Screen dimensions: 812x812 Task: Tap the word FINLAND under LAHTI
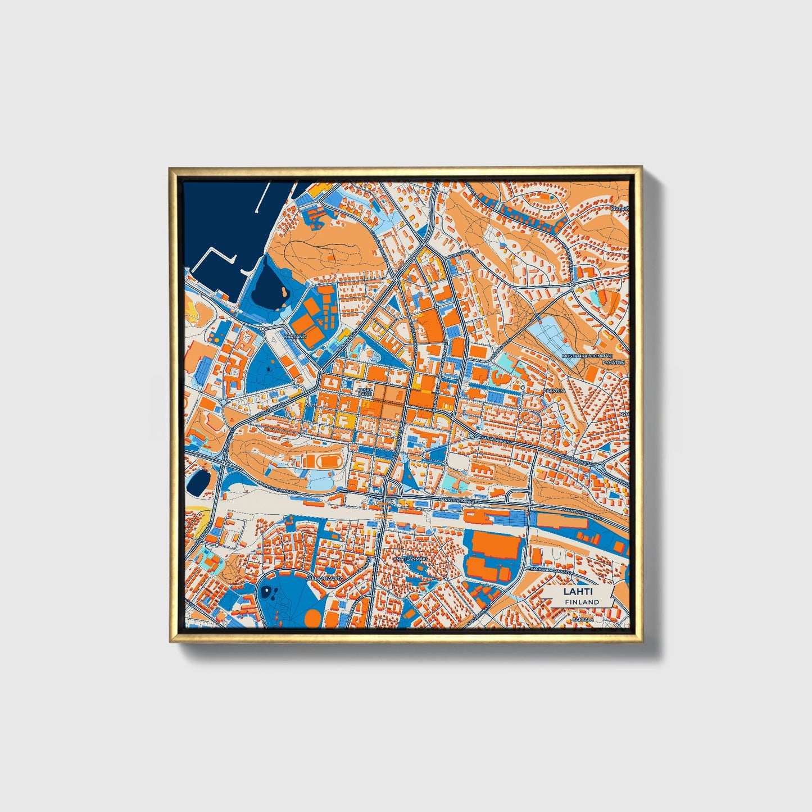pos(582,602)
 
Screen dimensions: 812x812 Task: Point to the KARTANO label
pos(296,336)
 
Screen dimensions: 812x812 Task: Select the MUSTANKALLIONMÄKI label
pos(586,356)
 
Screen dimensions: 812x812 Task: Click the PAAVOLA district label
pos(554,390)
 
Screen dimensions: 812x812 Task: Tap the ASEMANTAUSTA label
pos(325,577)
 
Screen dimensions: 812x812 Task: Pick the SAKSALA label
pos(583,619)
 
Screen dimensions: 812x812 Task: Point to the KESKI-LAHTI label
pos(365,392)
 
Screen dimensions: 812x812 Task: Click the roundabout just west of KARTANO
pos(262,329)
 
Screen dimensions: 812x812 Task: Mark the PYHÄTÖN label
pos(614,363)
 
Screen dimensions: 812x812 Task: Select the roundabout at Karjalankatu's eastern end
pos(598,466)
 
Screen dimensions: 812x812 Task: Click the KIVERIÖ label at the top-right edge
pos(620,208)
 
